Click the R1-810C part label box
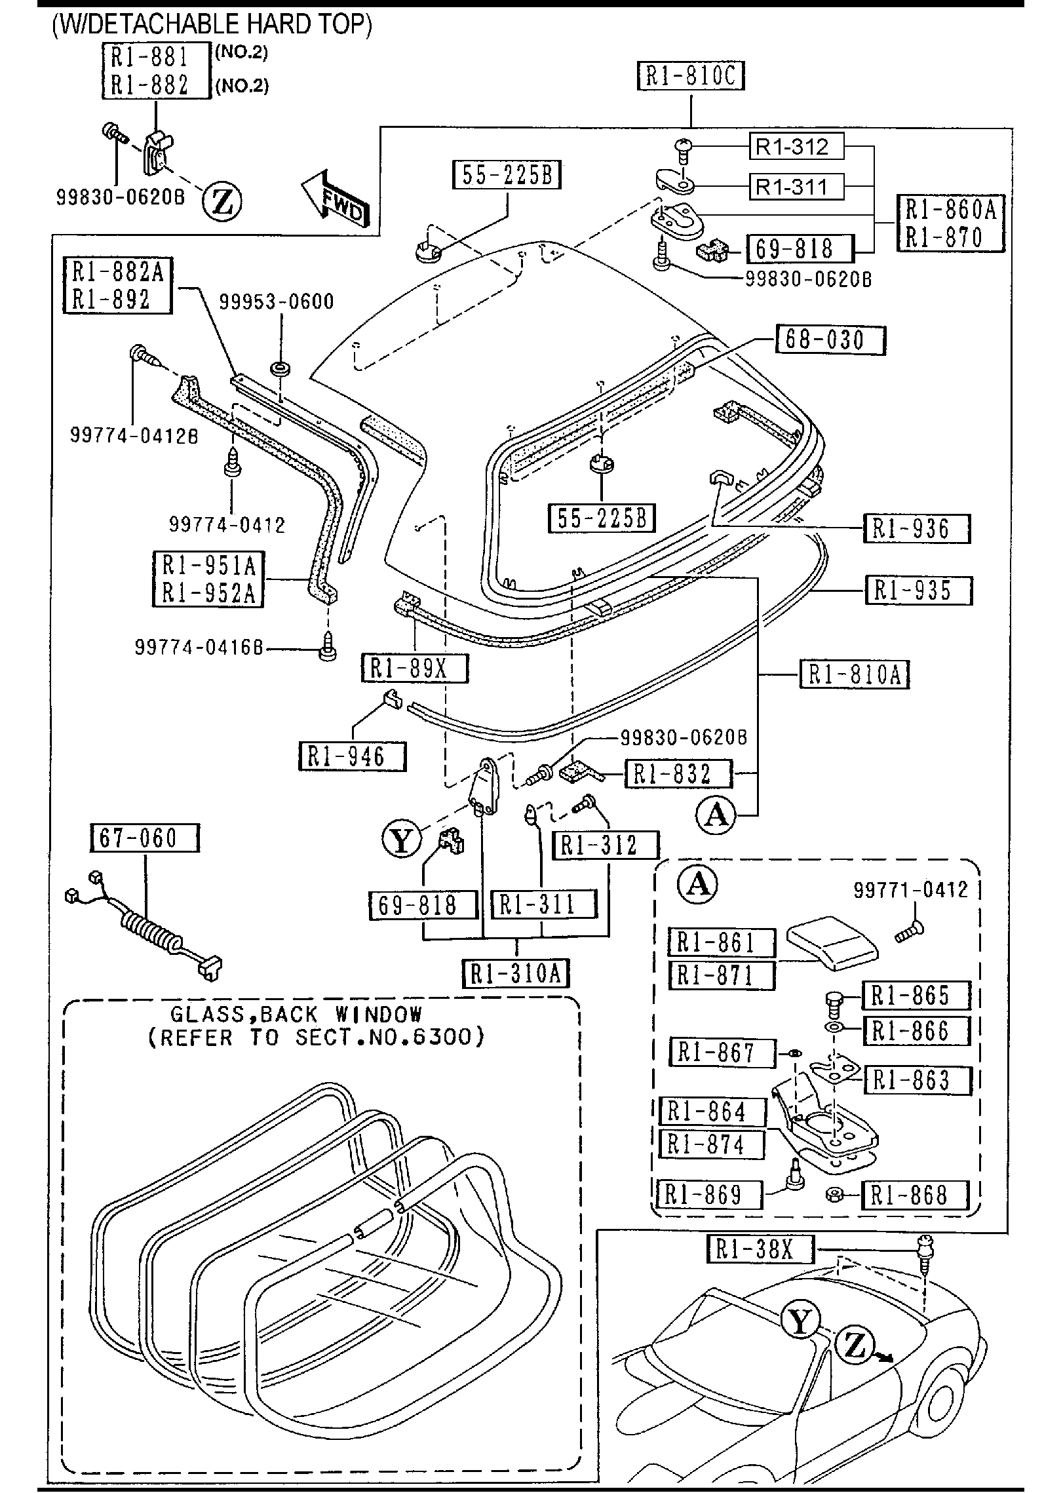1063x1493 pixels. point(691,76)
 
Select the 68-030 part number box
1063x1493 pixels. point(830,340)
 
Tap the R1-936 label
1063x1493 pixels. point(917,529)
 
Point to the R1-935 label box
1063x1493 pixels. point(918,591)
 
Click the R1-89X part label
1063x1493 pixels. point(415,669)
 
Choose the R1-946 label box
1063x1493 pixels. point(353,756)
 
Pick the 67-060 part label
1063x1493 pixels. point(144,838)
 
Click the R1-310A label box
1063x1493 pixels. point(516,973)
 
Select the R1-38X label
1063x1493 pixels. point(760,1249)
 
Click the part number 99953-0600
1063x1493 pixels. point(276,302)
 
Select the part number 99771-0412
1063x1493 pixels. point(910,889)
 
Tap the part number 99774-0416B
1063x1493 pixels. point(199,648)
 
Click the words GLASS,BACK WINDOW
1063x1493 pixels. point(297,1015)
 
